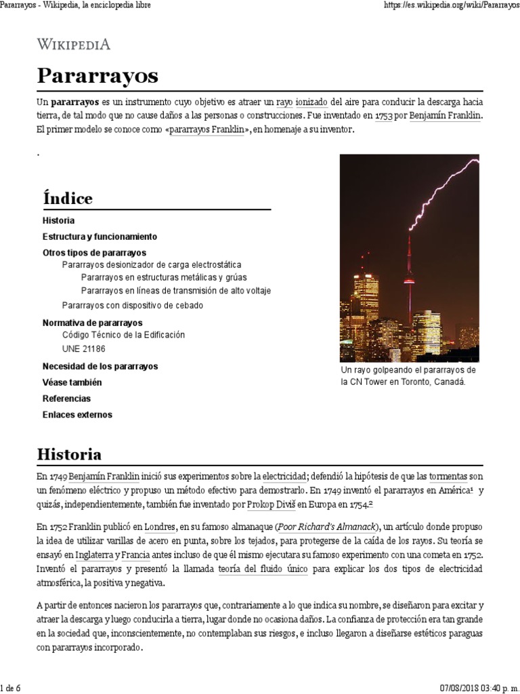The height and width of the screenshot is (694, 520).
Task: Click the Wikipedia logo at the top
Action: point(73,45)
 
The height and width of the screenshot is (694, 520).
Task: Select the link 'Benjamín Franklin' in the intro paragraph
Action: point(446,116)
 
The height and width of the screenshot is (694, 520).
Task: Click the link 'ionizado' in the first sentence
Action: point(312,102)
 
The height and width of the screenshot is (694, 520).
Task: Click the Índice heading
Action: point(67,198)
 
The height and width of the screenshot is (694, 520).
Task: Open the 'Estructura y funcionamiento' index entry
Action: point(100,237)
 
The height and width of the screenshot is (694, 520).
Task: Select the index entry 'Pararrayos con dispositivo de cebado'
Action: point(132,305)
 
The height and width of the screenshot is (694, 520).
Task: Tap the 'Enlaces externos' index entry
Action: point(77,414)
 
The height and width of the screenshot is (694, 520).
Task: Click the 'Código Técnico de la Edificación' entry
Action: point(123,335)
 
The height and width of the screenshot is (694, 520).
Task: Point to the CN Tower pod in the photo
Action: point(408,281)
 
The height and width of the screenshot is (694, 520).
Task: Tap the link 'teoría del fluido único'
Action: point(263,570)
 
